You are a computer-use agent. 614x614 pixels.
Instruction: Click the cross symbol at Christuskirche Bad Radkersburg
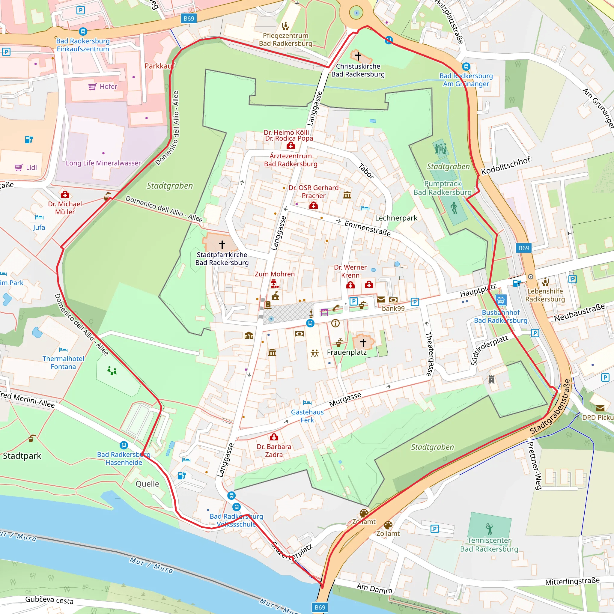pyautogui.click(x=358, y=56)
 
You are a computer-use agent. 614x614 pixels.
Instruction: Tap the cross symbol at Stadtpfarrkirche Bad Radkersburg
pyautogui.click(x=222, y=244)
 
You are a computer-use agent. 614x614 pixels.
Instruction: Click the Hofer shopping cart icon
pyautogui.click(x=92, y=86)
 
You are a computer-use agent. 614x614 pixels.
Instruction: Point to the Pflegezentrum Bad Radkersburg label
pyautogui.click(x=285, y=39)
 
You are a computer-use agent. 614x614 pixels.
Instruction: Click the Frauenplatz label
pyautogui.click(x=347, y=352)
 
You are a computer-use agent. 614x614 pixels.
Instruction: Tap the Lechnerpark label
pyautogui.click(x=396, y=218)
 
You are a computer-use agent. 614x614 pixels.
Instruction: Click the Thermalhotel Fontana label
pyautogui.click(x=63, y=362)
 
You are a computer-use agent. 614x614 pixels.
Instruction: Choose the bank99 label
pyautogui.click(x=393, y=308)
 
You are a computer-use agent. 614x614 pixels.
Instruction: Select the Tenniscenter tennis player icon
pyautogui.click(x=489, y=529)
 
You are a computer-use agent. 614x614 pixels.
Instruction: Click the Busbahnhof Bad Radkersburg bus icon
pyautogui.click(x=501, y=300)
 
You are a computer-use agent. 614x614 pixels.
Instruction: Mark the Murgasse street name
pyautogui.click(x=345, y=399)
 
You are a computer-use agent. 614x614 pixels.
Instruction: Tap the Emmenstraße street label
pyautogui.click(x=367, y=228)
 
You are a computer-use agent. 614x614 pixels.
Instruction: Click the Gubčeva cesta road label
pyautogui.click(x=49, y=600)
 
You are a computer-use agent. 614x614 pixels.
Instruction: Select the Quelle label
pyautogui.click(x=147, y=484)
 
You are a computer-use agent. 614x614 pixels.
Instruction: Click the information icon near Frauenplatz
pyautogui.click(x=335, y=323)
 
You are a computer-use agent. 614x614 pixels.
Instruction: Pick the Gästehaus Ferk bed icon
pyautogui.click(x=307, y=402)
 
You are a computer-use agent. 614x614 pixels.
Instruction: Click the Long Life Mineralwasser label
pyautogui.click(x=103, y=163)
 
